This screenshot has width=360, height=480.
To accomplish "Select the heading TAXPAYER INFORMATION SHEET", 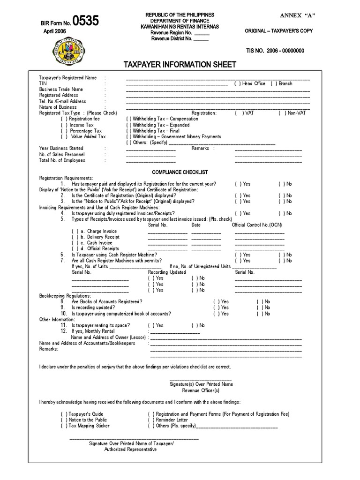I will [x=180, y=64].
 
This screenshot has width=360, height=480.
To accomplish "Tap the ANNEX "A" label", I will [x=298, y=15].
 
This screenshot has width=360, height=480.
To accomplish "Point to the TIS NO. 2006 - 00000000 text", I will [x=275, y=51].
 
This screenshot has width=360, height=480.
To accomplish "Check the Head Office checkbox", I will [x=237, y=83].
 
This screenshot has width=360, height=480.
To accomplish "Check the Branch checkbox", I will [x=272, y=83].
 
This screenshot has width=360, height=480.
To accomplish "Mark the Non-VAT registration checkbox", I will [x=281, y=113].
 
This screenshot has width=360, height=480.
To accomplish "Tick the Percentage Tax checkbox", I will [x=65, y=131].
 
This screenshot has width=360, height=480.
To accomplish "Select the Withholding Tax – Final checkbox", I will [x=128, y=131].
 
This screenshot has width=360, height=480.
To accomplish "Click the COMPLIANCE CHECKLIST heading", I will [x=180, y=172].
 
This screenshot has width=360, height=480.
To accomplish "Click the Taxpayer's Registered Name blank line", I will [x=218, y=78].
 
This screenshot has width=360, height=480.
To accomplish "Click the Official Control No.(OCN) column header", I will [x=256, y=225].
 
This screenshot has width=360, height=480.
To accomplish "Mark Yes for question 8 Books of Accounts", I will [x=216, y=302].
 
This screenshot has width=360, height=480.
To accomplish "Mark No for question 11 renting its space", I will [x=194, y=325].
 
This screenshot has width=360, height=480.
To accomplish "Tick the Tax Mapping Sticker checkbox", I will [x=63, y=426].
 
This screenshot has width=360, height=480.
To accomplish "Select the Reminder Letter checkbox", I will [x=151, y=420].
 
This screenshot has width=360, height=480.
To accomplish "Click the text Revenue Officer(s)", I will [x=201, y=390].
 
